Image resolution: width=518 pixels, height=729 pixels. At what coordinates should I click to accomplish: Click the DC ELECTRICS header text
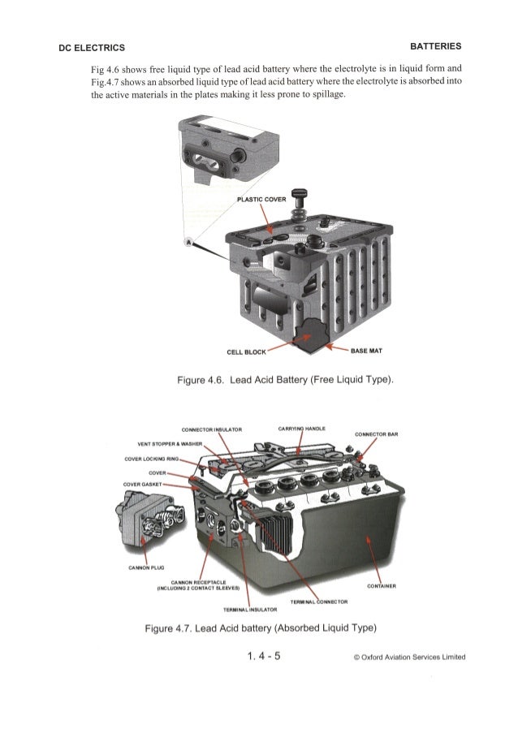92,48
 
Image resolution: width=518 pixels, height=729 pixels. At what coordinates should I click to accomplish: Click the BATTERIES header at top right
436,46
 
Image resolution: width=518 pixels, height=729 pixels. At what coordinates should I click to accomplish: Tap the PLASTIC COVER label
261,200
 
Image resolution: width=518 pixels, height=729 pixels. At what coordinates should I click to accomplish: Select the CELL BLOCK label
247,352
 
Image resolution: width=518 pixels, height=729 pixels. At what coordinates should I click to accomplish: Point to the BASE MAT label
366,351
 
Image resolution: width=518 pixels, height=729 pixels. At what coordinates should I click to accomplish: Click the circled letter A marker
189,242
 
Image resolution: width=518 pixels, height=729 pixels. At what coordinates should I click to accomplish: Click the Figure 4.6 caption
286,380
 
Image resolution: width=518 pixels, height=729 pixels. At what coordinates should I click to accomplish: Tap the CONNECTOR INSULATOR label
212,429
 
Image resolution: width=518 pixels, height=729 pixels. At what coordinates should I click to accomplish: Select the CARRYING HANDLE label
302,429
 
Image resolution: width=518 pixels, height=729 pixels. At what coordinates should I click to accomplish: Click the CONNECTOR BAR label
376,434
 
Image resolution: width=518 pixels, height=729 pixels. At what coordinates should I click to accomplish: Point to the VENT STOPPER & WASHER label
170,444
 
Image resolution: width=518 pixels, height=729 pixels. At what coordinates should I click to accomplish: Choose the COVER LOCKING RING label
152,459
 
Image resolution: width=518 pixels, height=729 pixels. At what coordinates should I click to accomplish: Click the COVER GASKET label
142,485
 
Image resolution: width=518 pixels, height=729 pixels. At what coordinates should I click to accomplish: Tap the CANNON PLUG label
146,567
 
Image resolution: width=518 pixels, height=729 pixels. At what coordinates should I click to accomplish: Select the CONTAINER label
382,586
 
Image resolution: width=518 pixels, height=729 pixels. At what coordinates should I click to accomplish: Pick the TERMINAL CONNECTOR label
319,602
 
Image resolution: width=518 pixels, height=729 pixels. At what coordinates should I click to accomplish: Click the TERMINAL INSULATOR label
250,610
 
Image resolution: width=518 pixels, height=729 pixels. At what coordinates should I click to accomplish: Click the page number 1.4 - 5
264,656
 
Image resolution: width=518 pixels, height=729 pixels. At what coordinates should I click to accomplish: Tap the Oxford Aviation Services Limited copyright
409,657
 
